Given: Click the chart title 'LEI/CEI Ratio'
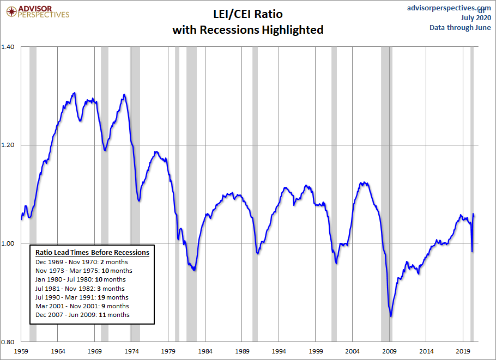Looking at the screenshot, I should [248, 14].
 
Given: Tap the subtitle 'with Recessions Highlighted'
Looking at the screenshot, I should [248, 29].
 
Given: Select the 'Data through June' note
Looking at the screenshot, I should [460, 28].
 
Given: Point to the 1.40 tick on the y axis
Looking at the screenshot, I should [11, 47].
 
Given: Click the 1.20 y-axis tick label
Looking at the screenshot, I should [11, 145].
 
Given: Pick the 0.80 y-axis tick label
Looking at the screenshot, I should [11, 341].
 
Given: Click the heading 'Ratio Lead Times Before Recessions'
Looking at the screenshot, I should [92, 253].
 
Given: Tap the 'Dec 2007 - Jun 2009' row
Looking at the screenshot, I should [82, 315].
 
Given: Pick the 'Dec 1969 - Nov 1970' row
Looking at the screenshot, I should [81, 262].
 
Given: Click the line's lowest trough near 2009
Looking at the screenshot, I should [391, 315].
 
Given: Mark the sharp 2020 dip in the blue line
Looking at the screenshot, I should [472, 251].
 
